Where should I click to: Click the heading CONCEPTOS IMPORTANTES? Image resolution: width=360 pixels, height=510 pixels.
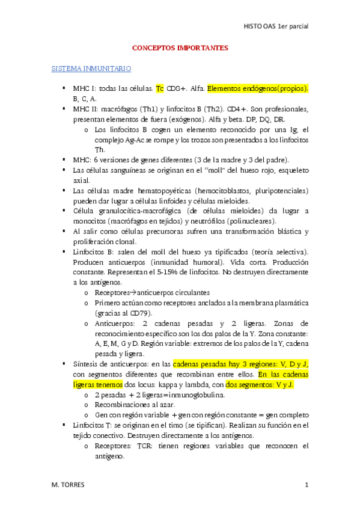point(180,48)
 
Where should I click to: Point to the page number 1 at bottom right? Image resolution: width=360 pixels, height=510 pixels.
point(306,485)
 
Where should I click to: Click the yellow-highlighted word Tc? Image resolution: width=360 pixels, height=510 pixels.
point(160,89)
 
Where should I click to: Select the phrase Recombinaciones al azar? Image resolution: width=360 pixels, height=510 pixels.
point(131,405)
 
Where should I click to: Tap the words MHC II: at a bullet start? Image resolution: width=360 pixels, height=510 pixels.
point(87,109)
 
